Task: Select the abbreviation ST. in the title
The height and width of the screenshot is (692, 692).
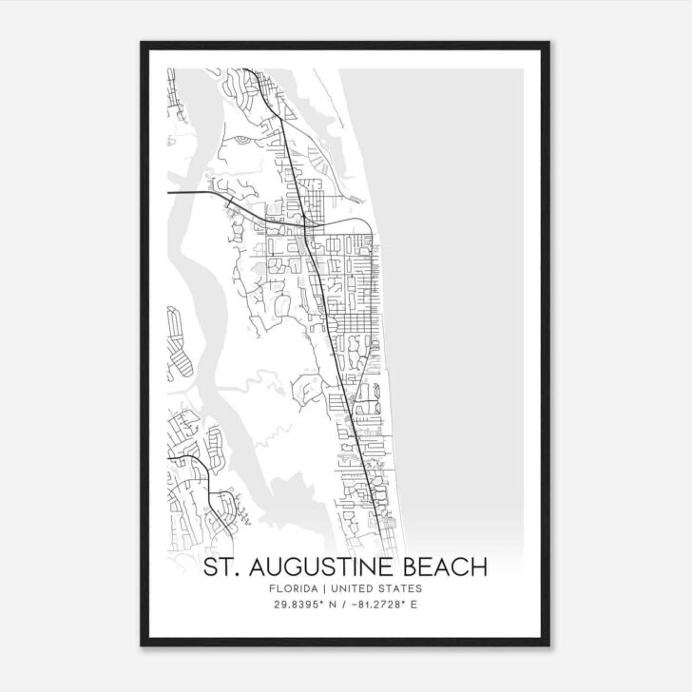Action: (224, 568)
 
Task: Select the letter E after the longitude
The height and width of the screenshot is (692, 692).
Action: (415, 605)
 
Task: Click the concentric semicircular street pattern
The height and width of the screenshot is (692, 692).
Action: (245, 141)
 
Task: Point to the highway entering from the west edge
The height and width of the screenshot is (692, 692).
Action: (195, 192)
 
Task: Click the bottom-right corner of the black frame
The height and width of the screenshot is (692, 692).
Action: (555, 650)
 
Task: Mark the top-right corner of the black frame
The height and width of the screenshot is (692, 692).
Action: (555, 42)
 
